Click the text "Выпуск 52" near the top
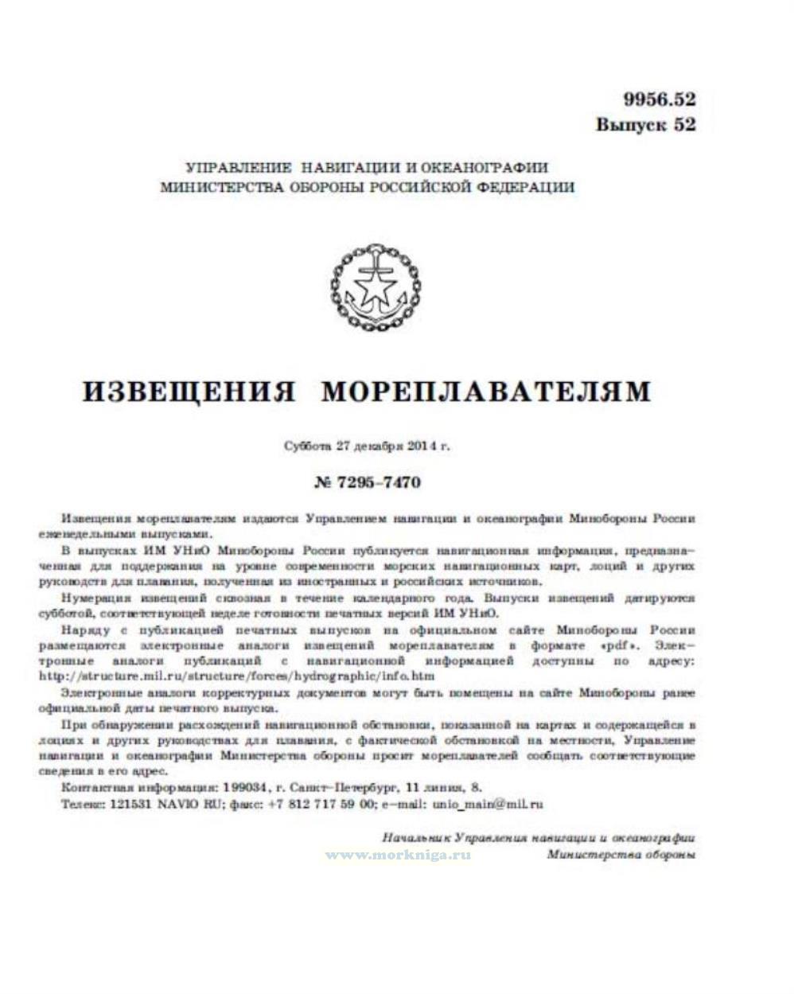(645, 125)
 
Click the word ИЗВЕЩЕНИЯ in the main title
(189, 392)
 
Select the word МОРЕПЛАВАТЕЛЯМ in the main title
(487, 392)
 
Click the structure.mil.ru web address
(236, 676)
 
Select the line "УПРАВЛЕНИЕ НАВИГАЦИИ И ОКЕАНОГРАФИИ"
(367, 168)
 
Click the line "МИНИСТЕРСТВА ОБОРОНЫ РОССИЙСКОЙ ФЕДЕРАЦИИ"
(367, 188)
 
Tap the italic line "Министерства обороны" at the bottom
(621, 854)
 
